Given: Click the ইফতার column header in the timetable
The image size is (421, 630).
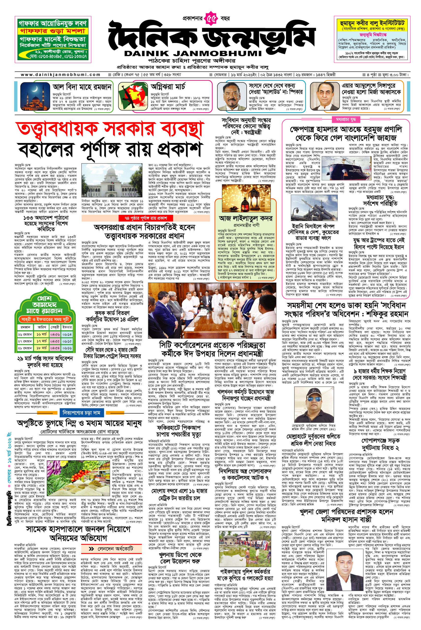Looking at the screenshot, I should (67, 327).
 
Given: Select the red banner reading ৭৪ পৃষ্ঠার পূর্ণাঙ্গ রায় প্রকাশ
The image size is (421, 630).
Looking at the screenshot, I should (148, 218).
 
